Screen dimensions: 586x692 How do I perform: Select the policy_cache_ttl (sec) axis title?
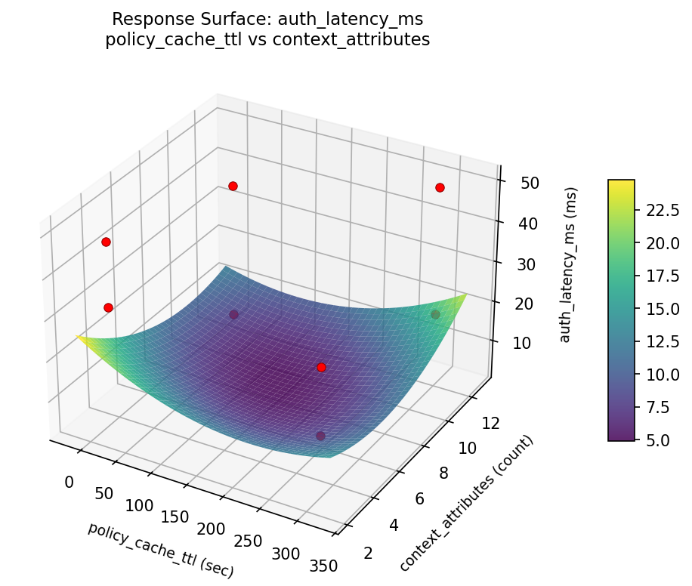(x=161, y=550)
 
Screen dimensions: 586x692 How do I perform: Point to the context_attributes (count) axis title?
(x=467, y=504)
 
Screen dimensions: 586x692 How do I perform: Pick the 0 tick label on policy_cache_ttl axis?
(x=69, y=482)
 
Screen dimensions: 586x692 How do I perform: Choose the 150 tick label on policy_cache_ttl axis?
(x=175, y=517)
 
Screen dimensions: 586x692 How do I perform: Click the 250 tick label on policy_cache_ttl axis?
(x=249, y=541)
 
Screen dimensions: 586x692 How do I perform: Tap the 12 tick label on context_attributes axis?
(x=490, y=424)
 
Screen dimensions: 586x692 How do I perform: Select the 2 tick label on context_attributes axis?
(x=368, y=553)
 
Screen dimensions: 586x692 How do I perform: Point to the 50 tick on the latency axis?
(x=529, y=183)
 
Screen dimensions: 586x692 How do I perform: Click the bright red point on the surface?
(x=321, y=367)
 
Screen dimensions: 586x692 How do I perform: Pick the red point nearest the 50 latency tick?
(x=440, y=187)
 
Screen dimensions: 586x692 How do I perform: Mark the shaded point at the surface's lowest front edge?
(x=321, y=436)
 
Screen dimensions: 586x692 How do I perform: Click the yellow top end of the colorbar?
(x=621, y=184)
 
